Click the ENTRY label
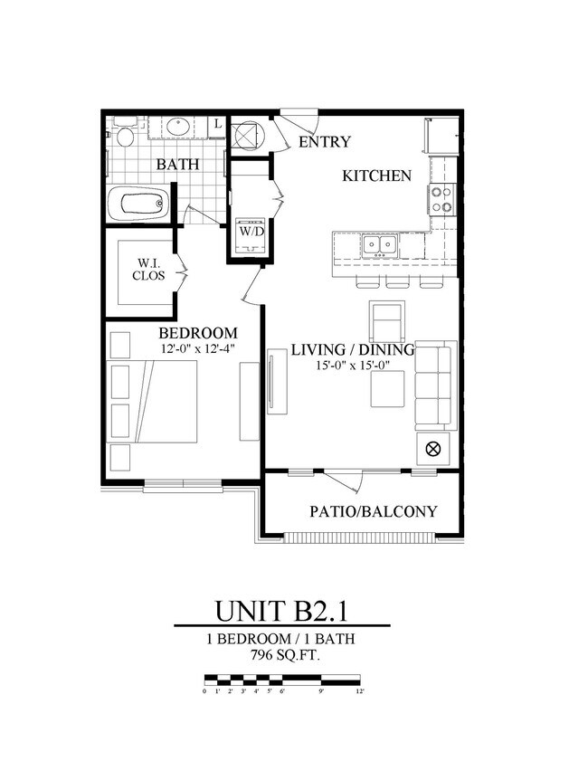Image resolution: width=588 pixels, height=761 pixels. point(324,142)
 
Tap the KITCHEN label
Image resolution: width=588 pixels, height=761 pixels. point(376,176)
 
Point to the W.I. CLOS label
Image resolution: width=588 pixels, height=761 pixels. point(150,270)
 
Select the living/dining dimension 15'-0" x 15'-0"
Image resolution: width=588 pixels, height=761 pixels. point(352,366)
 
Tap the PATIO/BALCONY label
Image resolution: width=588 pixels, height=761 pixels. point(373,511)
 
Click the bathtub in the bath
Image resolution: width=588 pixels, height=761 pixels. point(138,204)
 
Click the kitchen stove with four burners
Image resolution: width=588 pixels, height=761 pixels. point(441,199)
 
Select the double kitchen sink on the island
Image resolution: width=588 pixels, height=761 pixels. point(379,243)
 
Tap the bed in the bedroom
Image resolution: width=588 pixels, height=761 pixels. point(154,401)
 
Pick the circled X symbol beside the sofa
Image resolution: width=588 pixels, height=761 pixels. point(432,448)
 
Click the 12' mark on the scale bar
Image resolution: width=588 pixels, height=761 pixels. point(360,690)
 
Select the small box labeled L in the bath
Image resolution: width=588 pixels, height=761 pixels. point(217,124)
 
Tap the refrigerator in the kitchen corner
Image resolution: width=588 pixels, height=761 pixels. point(441,135)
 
